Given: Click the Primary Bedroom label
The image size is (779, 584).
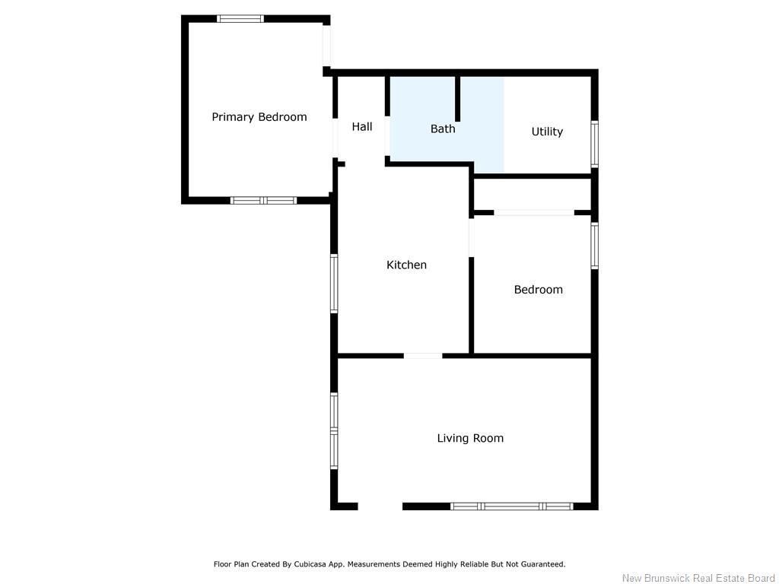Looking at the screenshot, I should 259,117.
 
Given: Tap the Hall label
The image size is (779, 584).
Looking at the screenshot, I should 362,127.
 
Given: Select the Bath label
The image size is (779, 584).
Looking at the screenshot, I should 443,129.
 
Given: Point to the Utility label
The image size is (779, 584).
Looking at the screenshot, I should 547,132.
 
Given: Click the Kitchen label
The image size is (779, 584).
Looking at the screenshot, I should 406,265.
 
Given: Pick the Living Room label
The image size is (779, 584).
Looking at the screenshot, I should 470,438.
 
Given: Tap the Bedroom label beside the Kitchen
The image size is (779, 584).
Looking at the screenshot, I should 538,290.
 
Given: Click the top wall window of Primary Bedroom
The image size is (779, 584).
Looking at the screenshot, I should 240,18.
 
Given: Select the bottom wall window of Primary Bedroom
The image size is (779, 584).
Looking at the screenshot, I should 263,201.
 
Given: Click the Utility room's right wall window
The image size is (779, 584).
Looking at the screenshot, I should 595,144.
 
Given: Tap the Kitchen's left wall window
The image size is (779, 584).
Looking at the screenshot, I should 334,283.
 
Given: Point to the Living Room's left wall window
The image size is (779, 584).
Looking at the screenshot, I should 334,430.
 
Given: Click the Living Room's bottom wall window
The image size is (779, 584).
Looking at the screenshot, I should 511,506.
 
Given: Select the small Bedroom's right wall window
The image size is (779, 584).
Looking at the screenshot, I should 595,246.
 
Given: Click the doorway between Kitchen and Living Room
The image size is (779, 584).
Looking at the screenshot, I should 423,355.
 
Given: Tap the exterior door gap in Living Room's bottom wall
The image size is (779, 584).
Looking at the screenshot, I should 380,506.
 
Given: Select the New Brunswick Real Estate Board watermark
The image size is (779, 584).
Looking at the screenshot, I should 698,578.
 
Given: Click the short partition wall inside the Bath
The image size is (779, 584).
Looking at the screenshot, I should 458,98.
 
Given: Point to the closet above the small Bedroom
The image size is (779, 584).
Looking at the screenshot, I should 533,195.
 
